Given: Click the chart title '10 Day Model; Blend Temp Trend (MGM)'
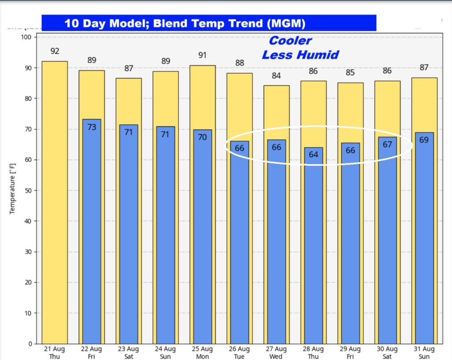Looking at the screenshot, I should click(185, 23).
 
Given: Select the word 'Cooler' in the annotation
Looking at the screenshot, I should click(290, 41).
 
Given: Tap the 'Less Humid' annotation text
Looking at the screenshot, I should click(300, 55).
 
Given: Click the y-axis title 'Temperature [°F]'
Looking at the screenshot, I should click(12, 187).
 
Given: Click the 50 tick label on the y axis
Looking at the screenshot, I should click(27, 191).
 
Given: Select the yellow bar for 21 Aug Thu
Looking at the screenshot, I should click(55, 203).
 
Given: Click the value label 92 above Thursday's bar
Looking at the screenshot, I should click(55, 51).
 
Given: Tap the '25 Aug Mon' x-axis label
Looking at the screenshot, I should click(203, 352).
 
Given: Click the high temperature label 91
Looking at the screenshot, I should click(203, 55).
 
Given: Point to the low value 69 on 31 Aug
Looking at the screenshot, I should click(424, 140).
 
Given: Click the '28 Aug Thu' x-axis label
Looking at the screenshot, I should click(313, 352).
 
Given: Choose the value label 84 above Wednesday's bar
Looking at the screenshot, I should click(276, 75).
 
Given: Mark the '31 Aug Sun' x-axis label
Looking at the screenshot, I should click(424, 352).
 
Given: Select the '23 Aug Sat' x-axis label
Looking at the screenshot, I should click(128, 352).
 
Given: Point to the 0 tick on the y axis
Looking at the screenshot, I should click(29, 344).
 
